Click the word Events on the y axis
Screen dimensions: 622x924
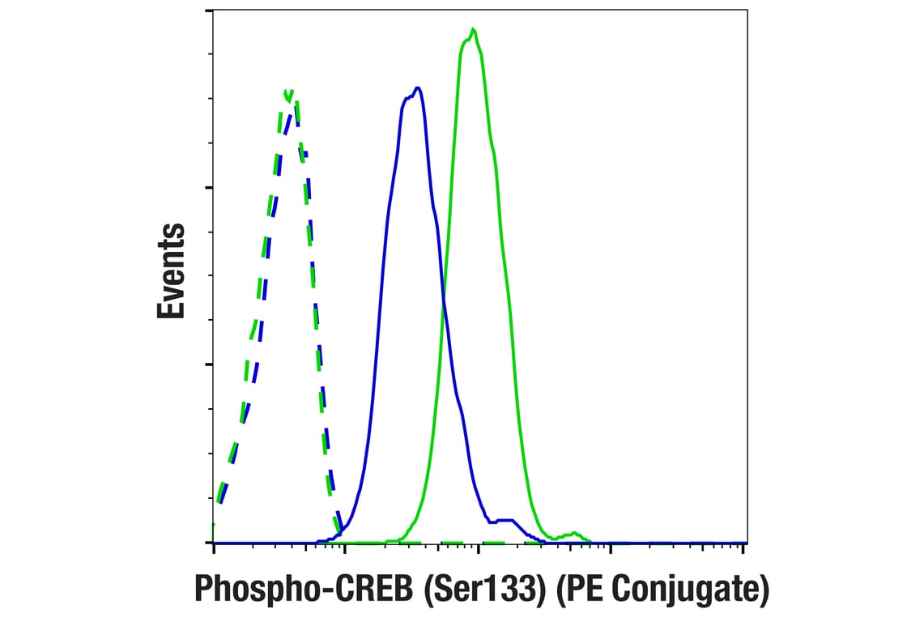tap(172, 271)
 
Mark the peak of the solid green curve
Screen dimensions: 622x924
tap(472, 30)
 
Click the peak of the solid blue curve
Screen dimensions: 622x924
tap(416, 87)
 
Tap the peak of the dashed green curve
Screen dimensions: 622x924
tap(287, 91)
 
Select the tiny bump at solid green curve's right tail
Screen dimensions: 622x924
tap(574, 533)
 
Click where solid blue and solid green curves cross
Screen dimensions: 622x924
tap(444, 301)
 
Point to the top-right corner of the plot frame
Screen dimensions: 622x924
tap(747, 11)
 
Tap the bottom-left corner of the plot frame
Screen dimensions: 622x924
tap(213, 543)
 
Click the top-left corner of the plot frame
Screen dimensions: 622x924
tap(213, 11)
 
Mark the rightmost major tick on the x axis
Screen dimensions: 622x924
tap(743, 547)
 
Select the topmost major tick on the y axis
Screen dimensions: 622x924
tap(208, 11)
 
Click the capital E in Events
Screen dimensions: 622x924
tap(172, 309)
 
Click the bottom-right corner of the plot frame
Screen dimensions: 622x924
tap(747, 543)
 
